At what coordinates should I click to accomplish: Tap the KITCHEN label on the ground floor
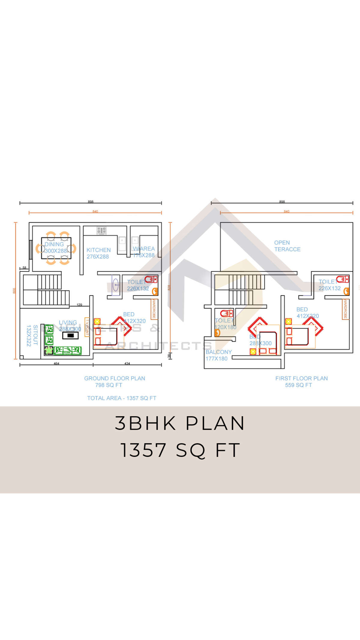[98, 250]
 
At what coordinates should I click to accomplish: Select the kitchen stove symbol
[101, 230]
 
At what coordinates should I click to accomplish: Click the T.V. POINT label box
[87, 327]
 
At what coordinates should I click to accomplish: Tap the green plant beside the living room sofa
[49, 350]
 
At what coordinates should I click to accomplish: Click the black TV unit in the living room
[70, 335]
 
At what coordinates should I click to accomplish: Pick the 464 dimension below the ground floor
[56, 363]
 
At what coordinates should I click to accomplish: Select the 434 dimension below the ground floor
[127, 363]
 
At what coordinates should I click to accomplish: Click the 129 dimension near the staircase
[79, 305]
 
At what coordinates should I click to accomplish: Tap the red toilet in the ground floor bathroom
[151, 279]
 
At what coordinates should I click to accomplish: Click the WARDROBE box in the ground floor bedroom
[154, 309]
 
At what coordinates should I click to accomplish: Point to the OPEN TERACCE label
[287, 246]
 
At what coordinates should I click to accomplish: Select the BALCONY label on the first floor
[219, 352]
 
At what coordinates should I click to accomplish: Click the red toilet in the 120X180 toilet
[227, 314]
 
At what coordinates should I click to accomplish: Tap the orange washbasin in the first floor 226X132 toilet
[346, 291]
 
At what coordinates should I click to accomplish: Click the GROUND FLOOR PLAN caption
[115, 378]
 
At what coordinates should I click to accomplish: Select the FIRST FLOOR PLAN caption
[301, 378]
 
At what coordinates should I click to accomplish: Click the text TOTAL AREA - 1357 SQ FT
[121, 398]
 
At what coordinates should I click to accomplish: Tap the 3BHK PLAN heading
[180, 423]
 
